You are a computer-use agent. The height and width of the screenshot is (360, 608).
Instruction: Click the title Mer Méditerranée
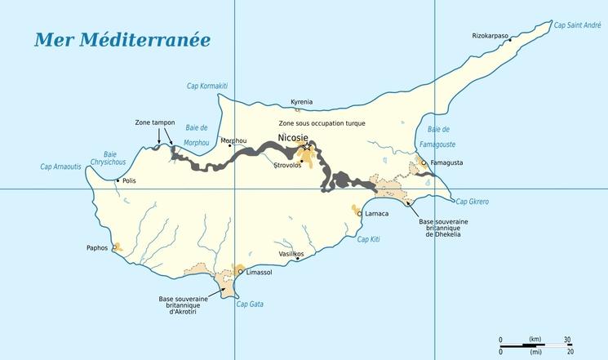pos(122,41)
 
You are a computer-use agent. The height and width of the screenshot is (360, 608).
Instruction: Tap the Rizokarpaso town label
pos(490,36)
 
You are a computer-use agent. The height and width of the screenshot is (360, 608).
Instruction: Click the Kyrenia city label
pos(302,102)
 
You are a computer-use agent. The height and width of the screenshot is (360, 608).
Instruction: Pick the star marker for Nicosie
pos(308,148)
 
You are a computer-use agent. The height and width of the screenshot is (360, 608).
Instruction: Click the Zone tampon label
pos(155,122)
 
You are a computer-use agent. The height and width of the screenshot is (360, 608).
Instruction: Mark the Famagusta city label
pos(446,162)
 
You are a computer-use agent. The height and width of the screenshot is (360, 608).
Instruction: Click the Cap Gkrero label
pos(472,201)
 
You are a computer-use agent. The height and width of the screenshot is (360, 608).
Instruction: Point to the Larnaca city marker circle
pos(360,213)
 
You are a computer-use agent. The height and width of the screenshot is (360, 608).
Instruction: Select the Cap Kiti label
pos(369,239)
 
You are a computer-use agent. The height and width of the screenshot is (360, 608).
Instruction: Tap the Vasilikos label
pos(291,254)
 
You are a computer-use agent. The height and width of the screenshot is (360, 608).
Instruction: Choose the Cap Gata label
pos(249,304)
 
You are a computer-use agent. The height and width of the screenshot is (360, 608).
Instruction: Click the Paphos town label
pos(96,247)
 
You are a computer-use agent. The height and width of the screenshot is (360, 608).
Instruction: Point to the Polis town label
pos(129,180)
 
